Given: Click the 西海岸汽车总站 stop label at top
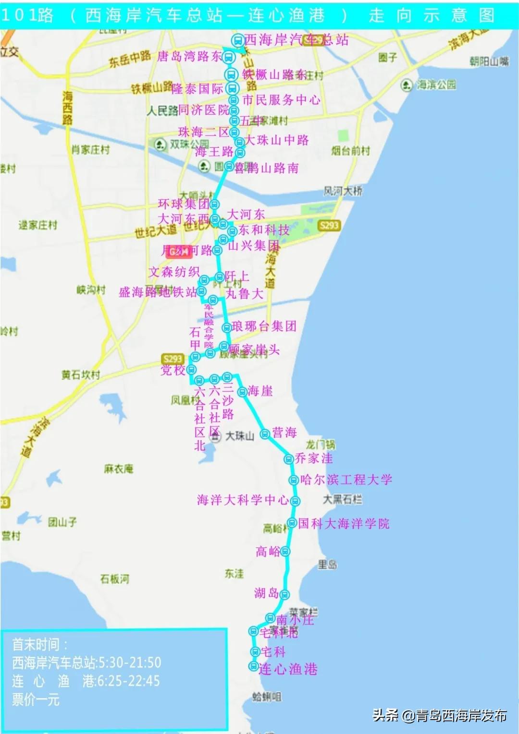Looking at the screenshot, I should pyautogui.click(x=296, y=40).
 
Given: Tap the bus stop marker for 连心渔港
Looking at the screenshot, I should pyautogui.click(x=253, y=666).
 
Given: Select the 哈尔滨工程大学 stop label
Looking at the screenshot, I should pyautogui.click(x=346, y=480).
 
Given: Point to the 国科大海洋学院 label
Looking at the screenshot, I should pyautogui.click(x=344, y=523).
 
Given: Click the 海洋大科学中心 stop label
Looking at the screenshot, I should pyautogui.click(x=243, y=500).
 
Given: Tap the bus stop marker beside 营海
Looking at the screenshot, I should pyautogui.click(x=264, y=434).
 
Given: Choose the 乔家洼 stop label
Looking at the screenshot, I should pyautogui.click(x=314, y=458).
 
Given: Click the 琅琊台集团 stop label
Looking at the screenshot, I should pyautogui.click(x=264, y=326).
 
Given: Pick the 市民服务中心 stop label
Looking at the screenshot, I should pyautogui.click(x=281, y=100).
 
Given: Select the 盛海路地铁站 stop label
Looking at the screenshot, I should pyautogui.click(x=158, y=292).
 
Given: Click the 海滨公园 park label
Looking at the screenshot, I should pyautogui.click(x=435, y=85).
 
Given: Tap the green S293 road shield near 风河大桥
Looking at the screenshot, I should pyautogui.click(x=329, y=225).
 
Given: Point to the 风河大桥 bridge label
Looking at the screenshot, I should pyautogui.click(x=343, y=191).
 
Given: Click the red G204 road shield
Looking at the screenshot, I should pyautogui.click(x=178, y=251).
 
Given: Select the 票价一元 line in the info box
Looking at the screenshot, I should pyautogui.click(x=36, y=700).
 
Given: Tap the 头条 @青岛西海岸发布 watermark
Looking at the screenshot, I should pyautogui.click(x=439, y=715).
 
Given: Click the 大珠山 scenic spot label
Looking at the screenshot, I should pyautogui.click(x=239, y=435).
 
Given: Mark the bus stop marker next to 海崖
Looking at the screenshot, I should pyautogui.click(x=242, y=392).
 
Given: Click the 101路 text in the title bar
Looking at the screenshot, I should pyautogui.click(x=27, y=15).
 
